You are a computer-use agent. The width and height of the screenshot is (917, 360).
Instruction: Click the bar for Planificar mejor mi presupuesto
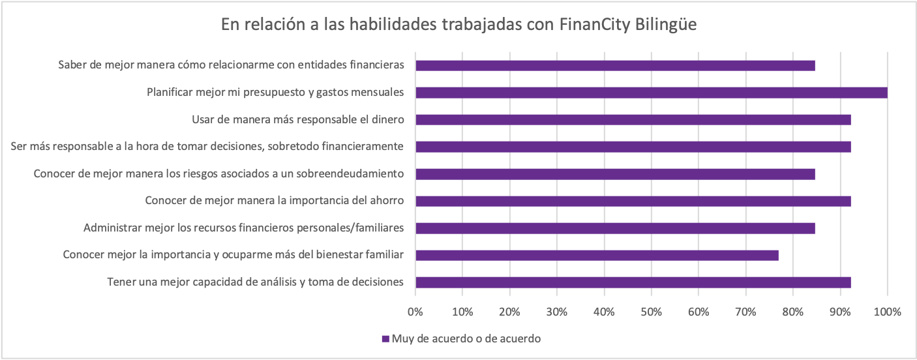pos(651,93)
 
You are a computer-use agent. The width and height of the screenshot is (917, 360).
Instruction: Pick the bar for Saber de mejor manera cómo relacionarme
pos(615,65)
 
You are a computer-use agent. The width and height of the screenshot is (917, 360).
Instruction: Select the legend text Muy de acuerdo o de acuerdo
pos(466,338)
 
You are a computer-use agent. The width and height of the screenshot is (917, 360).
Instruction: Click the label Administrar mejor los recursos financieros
pos(244,228)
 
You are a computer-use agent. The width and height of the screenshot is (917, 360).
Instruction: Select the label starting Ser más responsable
pos(207,146)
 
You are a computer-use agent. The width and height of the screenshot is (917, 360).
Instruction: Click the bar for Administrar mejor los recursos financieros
pos(615,228)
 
